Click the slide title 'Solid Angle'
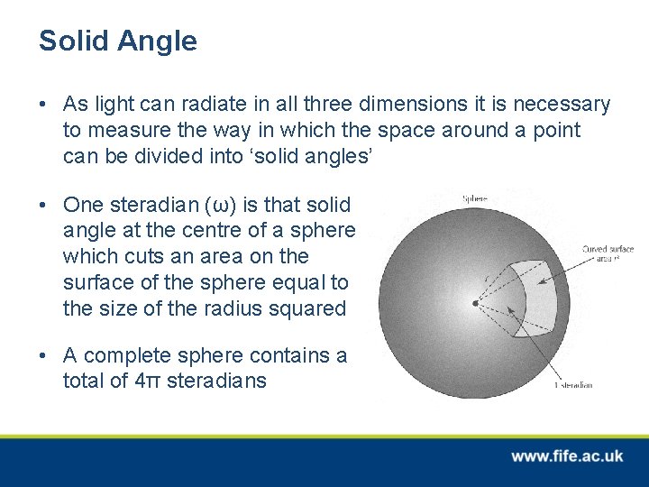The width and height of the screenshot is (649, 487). tap(117, 41)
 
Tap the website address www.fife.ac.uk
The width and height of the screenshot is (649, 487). tap(566, 456)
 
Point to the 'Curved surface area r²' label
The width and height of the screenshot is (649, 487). tap(608, 253)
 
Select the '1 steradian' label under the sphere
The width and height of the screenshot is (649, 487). tap(573, 385)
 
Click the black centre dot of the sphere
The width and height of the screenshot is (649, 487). tap(475, 303)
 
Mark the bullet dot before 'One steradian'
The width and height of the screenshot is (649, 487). tap(44, 205)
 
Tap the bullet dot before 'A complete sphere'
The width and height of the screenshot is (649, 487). tap(44, 355)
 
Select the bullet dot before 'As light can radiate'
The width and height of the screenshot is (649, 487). tap(44, 105)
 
